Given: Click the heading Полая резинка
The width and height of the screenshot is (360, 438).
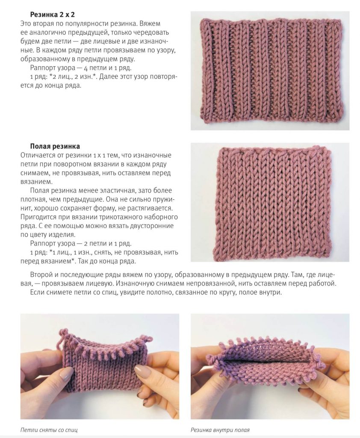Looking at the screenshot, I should coord(55,146).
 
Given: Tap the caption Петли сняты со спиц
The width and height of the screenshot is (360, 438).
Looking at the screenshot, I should coord(49,430).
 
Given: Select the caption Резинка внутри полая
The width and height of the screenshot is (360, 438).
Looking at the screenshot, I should coord(220,430).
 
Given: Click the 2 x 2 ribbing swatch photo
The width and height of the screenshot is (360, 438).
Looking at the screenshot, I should coord(270,71).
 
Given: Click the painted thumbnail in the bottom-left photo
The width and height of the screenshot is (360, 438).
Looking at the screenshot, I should coord(66,374).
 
